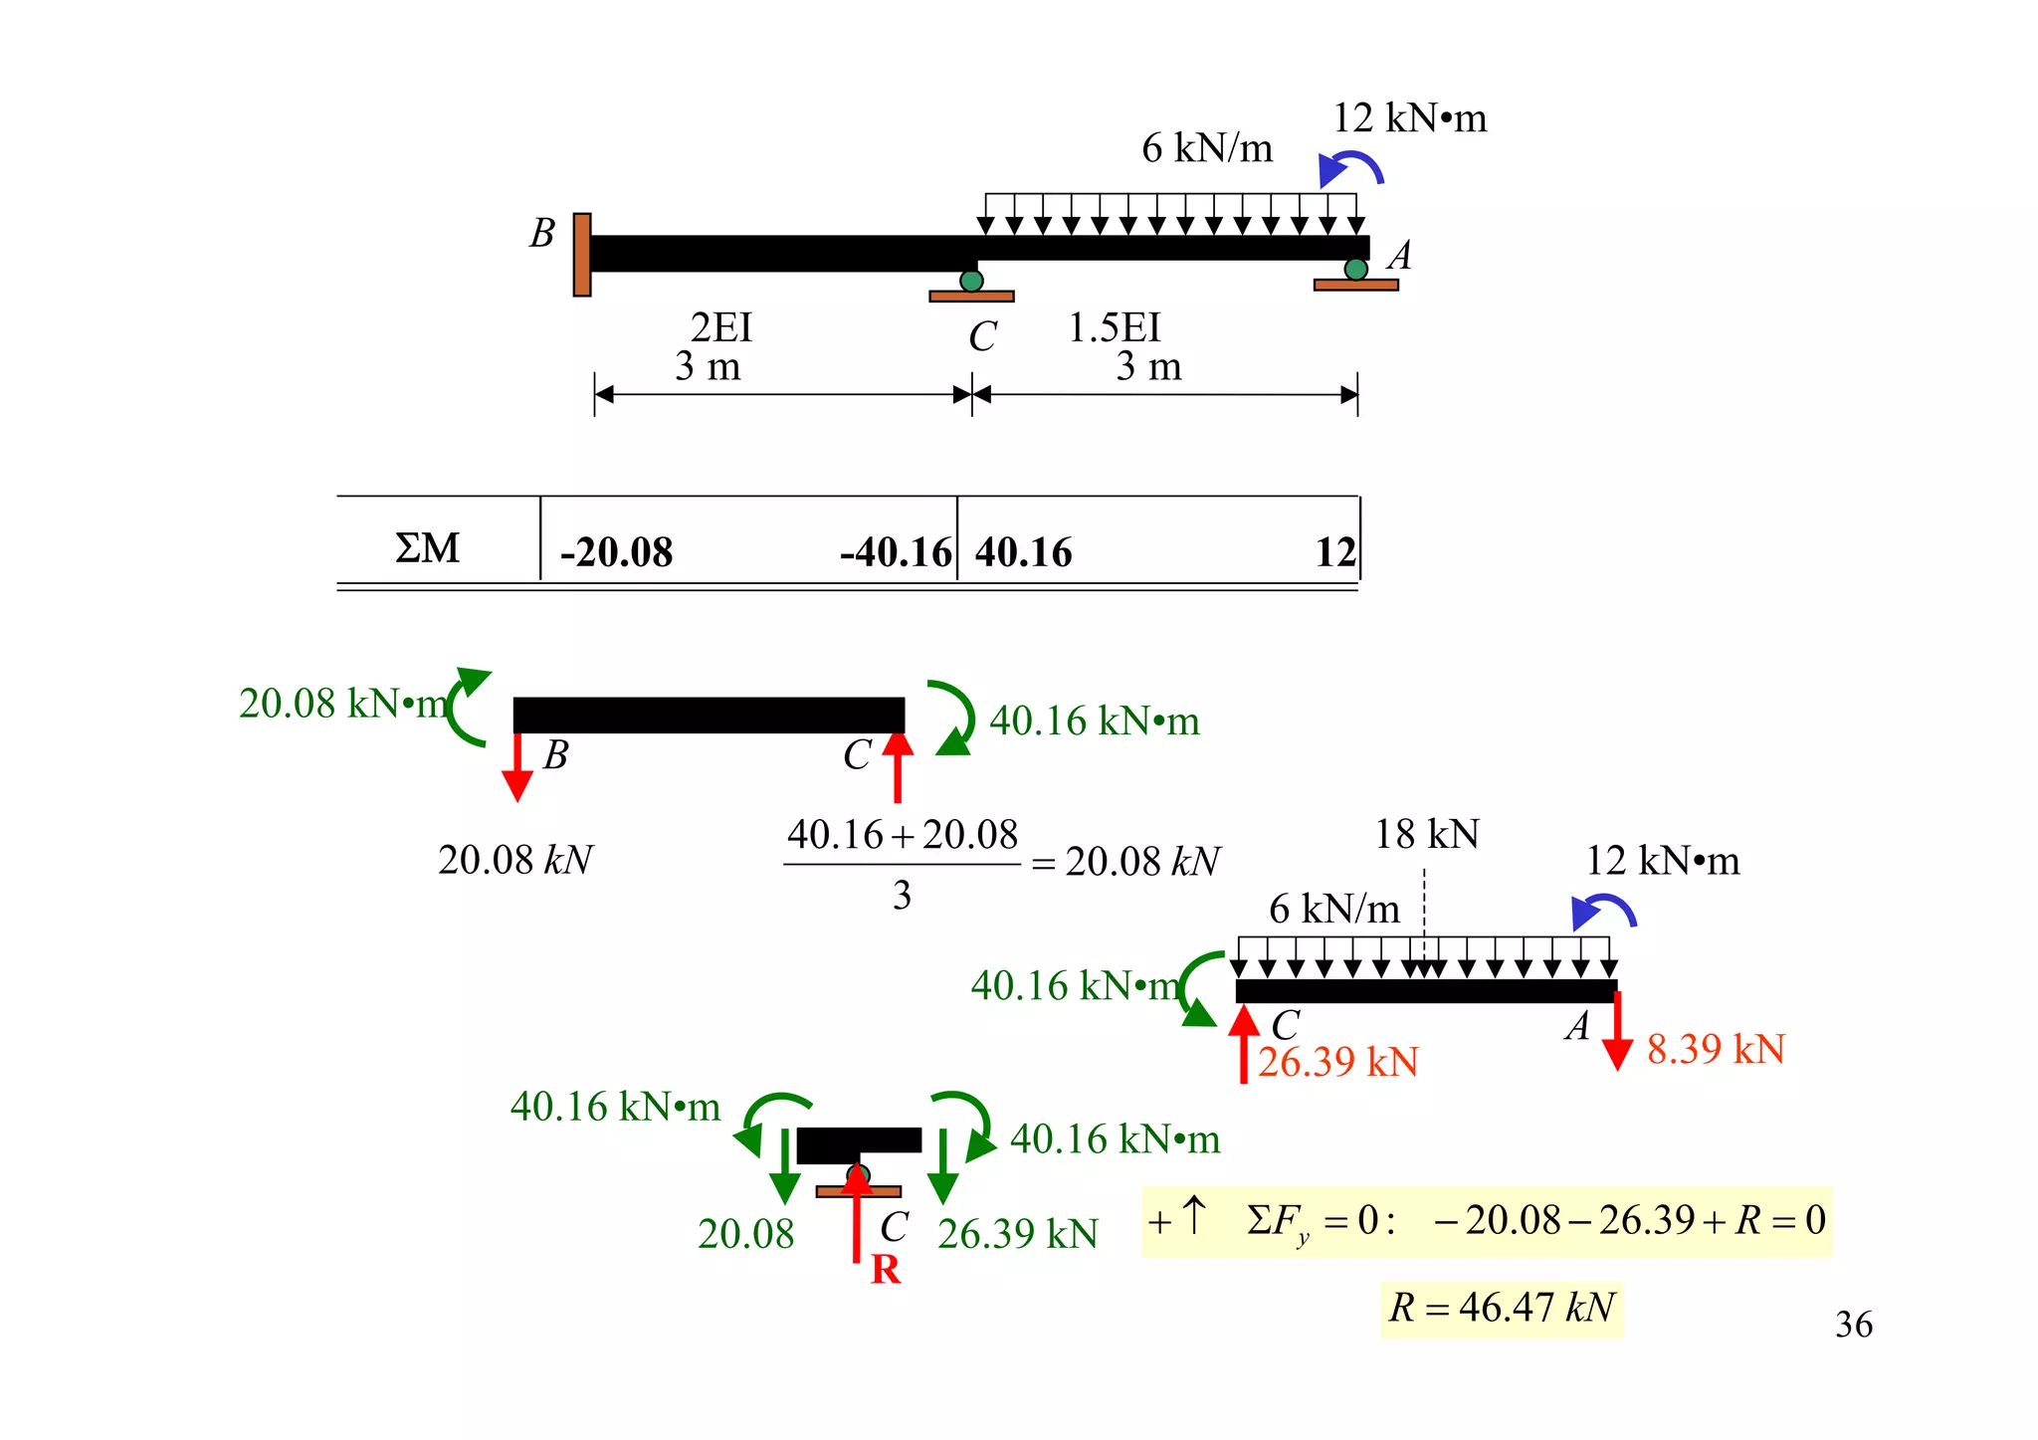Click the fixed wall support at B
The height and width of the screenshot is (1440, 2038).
pos(582,255)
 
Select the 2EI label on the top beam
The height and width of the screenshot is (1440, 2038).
pos(721,327)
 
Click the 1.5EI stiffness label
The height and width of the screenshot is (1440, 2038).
pos(1114,327)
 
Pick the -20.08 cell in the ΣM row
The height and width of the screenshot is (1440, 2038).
pos(616,552)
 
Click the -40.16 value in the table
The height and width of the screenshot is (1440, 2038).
pos(895,552)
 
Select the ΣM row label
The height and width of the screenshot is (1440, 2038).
pos(428,548)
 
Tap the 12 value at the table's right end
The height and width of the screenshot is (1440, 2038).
pos(1335,552)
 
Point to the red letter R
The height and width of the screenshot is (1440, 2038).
pos(885,1270)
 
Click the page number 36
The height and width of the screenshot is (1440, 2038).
pos(1853,1325)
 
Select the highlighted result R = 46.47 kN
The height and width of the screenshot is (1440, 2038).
pos(1501,1308)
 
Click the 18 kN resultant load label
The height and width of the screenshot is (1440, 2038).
pos(1426,834)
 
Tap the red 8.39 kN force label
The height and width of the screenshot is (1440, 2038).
pos(1716,1049)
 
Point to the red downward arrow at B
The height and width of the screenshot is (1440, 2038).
pos(517,767)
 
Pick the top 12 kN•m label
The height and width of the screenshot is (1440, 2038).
pos(1409,118)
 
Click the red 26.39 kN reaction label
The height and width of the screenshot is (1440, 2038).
pos(1337,1063)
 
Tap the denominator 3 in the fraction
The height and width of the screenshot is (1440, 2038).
pos(902,896)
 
